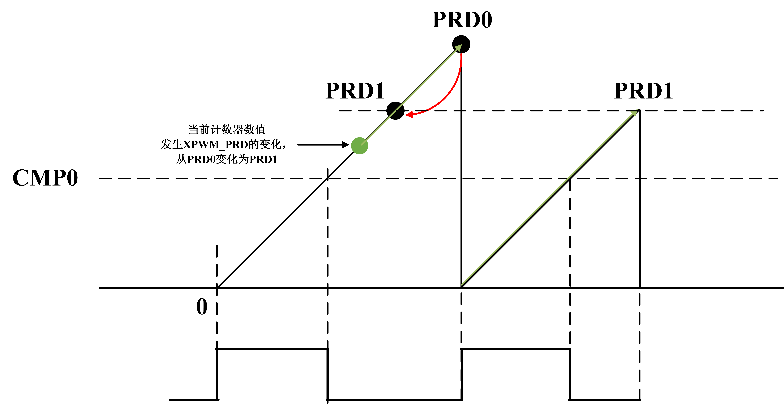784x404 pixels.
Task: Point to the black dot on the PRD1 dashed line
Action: [x=395, y=110]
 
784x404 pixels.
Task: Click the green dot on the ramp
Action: [x=359, y=146]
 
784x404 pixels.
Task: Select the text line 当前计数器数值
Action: [x=227, y=130]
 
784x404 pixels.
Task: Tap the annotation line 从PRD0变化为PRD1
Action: [x=227, y=159]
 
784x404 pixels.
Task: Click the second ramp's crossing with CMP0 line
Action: [x=570, y=178]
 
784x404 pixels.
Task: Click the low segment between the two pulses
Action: [x=395, y=399]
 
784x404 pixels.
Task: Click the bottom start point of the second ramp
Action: [x=461, y=287]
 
